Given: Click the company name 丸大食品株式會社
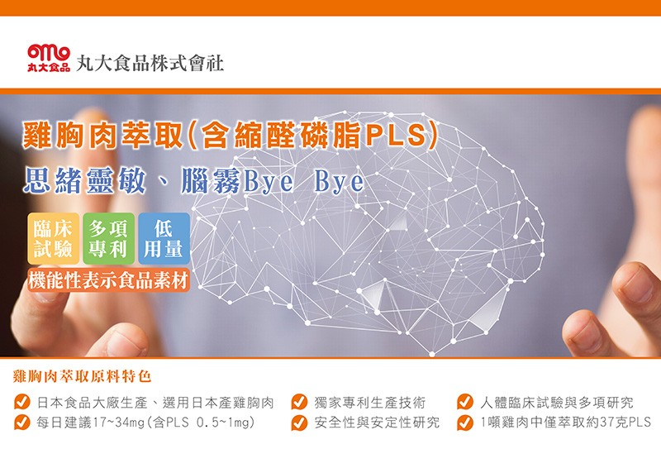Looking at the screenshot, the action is pos(150,64).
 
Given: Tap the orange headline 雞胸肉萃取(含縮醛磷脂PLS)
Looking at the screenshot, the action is pos(231,136).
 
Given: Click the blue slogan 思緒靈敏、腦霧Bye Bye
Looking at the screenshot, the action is pos(193,180).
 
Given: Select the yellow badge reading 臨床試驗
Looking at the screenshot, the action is pos(54,239).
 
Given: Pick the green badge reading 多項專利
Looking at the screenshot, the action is pos(108,239).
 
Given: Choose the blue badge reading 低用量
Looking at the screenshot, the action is pos(164,239).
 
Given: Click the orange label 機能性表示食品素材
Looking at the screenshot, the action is pos(109,280).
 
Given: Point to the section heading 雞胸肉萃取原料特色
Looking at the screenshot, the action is pos(82,376).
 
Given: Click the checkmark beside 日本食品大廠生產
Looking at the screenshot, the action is pos(22,402).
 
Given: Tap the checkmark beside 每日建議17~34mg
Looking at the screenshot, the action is pos(22,422).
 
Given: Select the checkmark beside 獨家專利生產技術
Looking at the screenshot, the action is pos(299,402).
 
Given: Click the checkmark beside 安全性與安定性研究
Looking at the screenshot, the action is pos(299,423).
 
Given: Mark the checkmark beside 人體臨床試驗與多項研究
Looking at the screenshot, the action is pos(465,402).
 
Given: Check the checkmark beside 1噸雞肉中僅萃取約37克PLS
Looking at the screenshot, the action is pos(465,423).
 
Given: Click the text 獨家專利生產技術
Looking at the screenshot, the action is pos(369,403).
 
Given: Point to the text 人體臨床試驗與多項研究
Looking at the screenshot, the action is pos(556,403).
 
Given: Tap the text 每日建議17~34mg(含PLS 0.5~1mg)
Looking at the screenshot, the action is pos(146,423).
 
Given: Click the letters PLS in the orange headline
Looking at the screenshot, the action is pos(395,136).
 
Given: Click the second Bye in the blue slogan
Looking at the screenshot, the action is pos(339,181).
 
